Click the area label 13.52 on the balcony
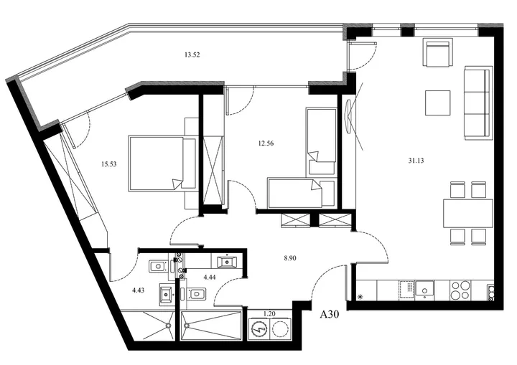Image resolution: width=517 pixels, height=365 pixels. [x=192, y=55]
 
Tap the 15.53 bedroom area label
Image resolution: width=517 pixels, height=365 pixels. [x=109, y=164]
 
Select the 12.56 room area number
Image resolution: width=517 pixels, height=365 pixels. [x=266, y=143]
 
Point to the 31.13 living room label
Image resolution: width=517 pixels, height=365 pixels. [x=416, y=161]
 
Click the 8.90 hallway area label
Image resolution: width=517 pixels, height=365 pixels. [x=290, y=258]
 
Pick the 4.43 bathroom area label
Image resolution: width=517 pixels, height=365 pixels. [x=138, y=290]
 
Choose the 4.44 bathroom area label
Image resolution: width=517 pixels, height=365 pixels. [x=210, y=277]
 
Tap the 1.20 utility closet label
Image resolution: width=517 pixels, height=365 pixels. [x=269, y=313]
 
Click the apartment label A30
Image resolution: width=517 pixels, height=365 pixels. [x=330, y=315]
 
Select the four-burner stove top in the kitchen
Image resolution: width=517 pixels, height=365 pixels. [x=460, y=290]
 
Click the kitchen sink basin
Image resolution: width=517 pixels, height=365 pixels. [x=424, y=290]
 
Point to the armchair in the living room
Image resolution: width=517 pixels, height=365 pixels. [x=438, y=53]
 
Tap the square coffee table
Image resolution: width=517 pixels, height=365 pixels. [x=437, y=103]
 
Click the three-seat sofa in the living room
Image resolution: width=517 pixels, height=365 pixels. [x=478, y=103]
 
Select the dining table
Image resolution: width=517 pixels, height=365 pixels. [x=468, y=213]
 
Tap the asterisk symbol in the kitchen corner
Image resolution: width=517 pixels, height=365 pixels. [x=360, y=296]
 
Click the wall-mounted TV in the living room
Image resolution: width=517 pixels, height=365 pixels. [x=349, y=116]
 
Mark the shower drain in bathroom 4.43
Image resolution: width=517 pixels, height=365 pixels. [x=168, y=326]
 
